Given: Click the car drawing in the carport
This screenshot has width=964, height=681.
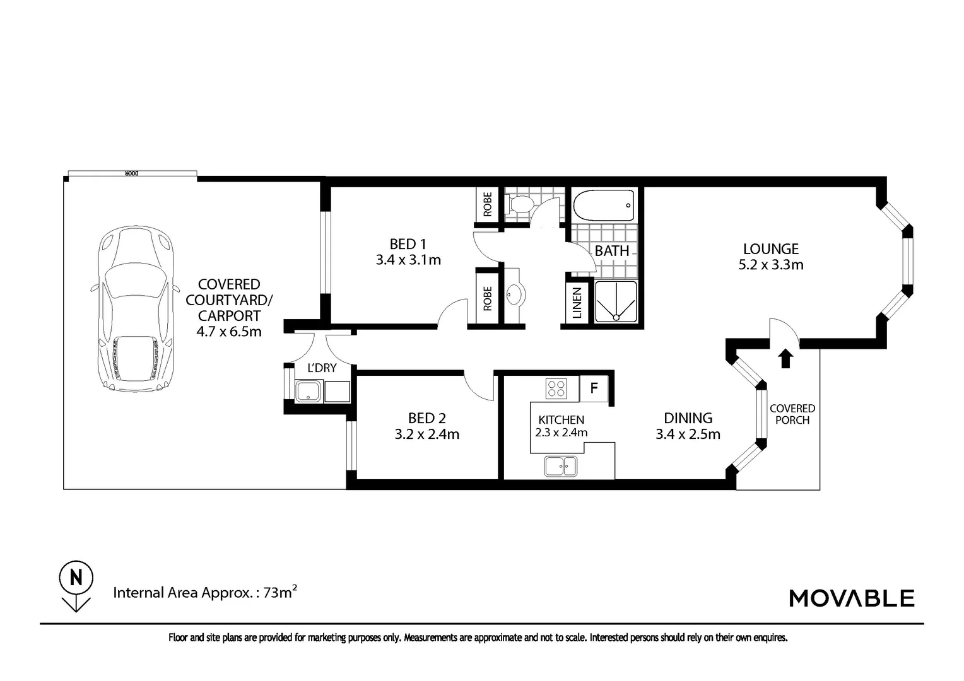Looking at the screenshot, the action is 136,308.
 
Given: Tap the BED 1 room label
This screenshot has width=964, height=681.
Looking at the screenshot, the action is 408,252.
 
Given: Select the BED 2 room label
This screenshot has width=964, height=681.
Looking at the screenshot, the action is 427,426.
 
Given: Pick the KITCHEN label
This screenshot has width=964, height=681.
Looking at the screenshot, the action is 561,419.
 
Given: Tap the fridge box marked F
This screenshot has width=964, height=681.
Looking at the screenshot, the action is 594,388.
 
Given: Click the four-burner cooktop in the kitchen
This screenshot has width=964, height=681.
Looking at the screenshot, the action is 556,388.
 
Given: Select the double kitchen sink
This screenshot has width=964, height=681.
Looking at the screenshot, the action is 561,467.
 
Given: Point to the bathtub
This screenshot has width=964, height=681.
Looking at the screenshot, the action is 604,206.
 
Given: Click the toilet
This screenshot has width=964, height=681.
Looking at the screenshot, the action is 520,204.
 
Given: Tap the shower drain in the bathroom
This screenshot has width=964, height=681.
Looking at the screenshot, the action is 616,317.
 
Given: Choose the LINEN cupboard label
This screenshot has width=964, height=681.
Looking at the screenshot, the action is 577,303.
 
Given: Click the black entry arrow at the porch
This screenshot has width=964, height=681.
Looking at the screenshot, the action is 786,358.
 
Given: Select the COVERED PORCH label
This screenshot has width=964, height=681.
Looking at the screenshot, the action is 792,414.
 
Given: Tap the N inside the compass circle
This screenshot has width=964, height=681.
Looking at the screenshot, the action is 76,578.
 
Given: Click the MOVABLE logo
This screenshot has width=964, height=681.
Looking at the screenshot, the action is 852,598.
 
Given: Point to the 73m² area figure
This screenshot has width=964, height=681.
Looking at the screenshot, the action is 280,592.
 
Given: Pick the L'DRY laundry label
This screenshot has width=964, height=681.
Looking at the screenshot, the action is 322,368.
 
